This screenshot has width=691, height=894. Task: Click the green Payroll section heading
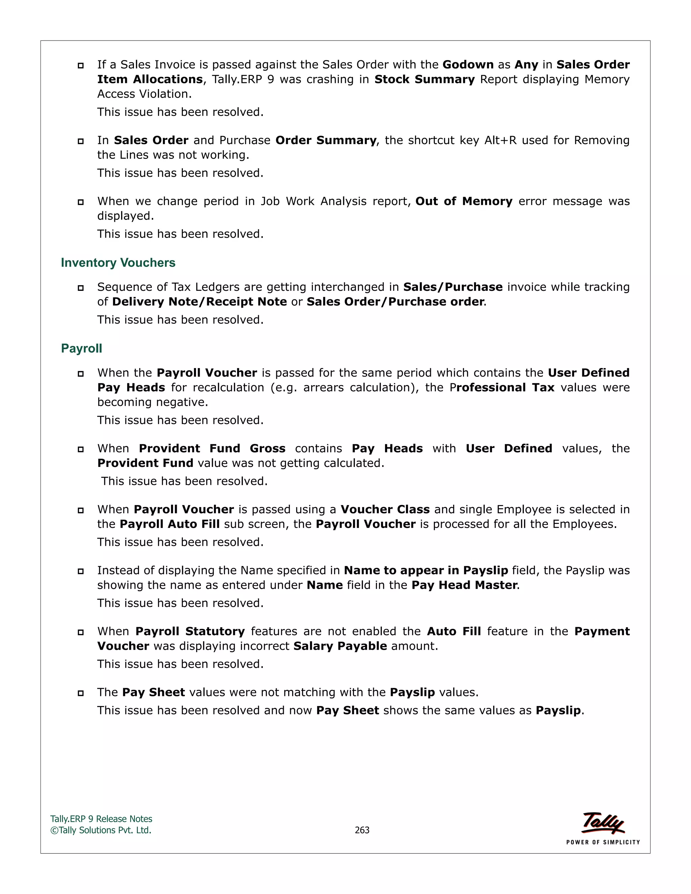[81, 348]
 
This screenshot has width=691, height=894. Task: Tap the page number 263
[362, 830]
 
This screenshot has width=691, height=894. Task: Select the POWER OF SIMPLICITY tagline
[603, 842]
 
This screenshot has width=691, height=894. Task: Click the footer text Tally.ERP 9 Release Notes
[101, 819]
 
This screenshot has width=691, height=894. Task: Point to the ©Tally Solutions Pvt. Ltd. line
[101, 830]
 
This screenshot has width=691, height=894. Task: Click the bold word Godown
[468, 65]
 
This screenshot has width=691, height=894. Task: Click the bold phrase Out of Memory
[464, 201]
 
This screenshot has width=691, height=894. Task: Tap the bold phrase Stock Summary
[424, 79]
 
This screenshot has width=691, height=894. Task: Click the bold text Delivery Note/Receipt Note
[199, 302]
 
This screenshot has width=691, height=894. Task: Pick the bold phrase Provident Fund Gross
[212, 449]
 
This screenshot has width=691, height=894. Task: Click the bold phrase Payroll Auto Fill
[169, 524]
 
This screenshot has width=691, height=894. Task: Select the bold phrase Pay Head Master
[464, 585]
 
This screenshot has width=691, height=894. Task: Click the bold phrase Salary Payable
[340, 646]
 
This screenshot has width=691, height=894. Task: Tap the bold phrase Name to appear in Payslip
[426, 570]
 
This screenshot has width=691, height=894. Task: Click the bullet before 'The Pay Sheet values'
[81, 693]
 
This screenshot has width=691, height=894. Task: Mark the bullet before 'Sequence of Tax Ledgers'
[81, 288]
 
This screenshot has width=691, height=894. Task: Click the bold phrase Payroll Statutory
[190, 631]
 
